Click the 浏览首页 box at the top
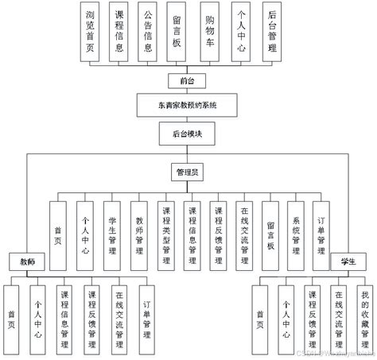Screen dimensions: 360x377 tap(92, 32)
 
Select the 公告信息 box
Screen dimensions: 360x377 tap(147, 32)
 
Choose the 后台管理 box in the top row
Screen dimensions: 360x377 tap(273, 32)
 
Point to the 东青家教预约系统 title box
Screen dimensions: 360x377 tap(187, 105)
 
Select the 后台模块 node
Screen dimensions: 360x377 tap(187, 132)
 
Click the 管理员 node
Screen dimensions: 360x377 tap(187, 171)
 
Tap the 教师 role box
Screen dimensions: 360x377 tap(27, 261)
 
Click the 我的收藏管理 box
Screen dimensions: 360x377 tap(365, 315)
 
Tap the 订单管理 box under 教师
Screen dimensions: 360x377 tap(146, 315)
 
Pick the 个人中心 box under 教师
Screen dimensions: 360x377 tap(37, 315)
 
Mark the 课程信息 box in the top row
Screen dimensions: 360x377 tap(119, 32)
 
